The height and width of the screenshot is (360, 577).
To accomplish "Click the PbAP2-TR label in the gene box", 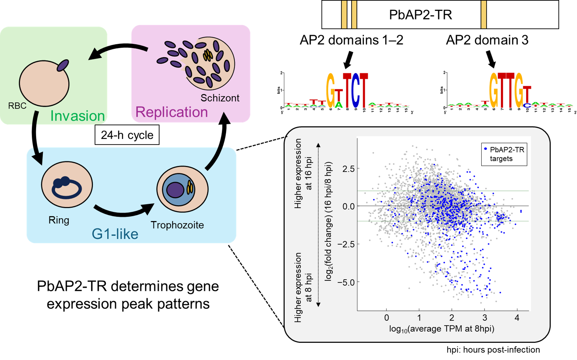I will tap(420, 15).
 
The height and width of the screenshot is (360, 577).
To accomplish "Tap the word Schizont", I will tap(220, 98).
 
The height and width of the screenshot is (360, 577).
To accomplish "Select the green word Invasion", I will tap(77, 116).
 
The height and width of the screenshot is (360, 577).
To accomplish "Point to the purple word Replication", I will tap(171, 112).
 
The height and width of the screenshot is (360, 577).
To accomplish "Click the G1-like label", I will tap(115, 234).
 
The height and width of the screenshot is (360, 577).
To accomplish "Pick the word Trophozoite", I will tap(177, 225).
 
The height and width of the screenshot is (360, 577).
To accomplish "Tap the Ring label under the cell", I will tap(59, 220).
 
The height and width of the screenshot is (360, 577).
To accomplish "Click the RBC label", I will tap(17, 106).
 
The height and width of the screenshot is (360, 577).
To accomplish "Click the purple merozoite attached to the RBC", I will tap(63, 65).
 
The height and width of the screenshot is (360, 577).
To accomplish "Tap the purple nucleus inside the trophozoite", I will tap(175, 190).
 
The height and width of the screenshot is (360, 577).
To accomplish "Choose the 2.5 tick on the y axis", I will tap(348, 169).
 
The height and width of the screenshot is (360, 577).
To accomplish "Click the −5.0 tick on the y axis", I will tap(346, 283).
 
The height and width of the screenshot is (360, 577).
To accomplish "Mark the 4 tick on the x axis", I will tap(517, 318).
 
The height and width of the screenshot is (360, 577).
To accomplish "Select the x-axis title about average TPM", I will tap(441, 329).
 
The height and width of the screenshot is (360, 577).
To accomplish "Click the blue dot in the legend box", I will tap(486, 149).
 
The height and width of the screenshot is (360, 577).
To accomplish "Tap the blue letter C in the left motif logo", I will tap(355, 91).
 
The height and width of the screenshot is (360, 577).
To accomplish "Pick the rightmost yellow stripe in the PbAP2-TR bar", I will tap(484, 15).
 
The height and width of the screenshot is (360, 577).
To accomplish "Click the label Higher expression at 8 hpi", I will tap(302, 287).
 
